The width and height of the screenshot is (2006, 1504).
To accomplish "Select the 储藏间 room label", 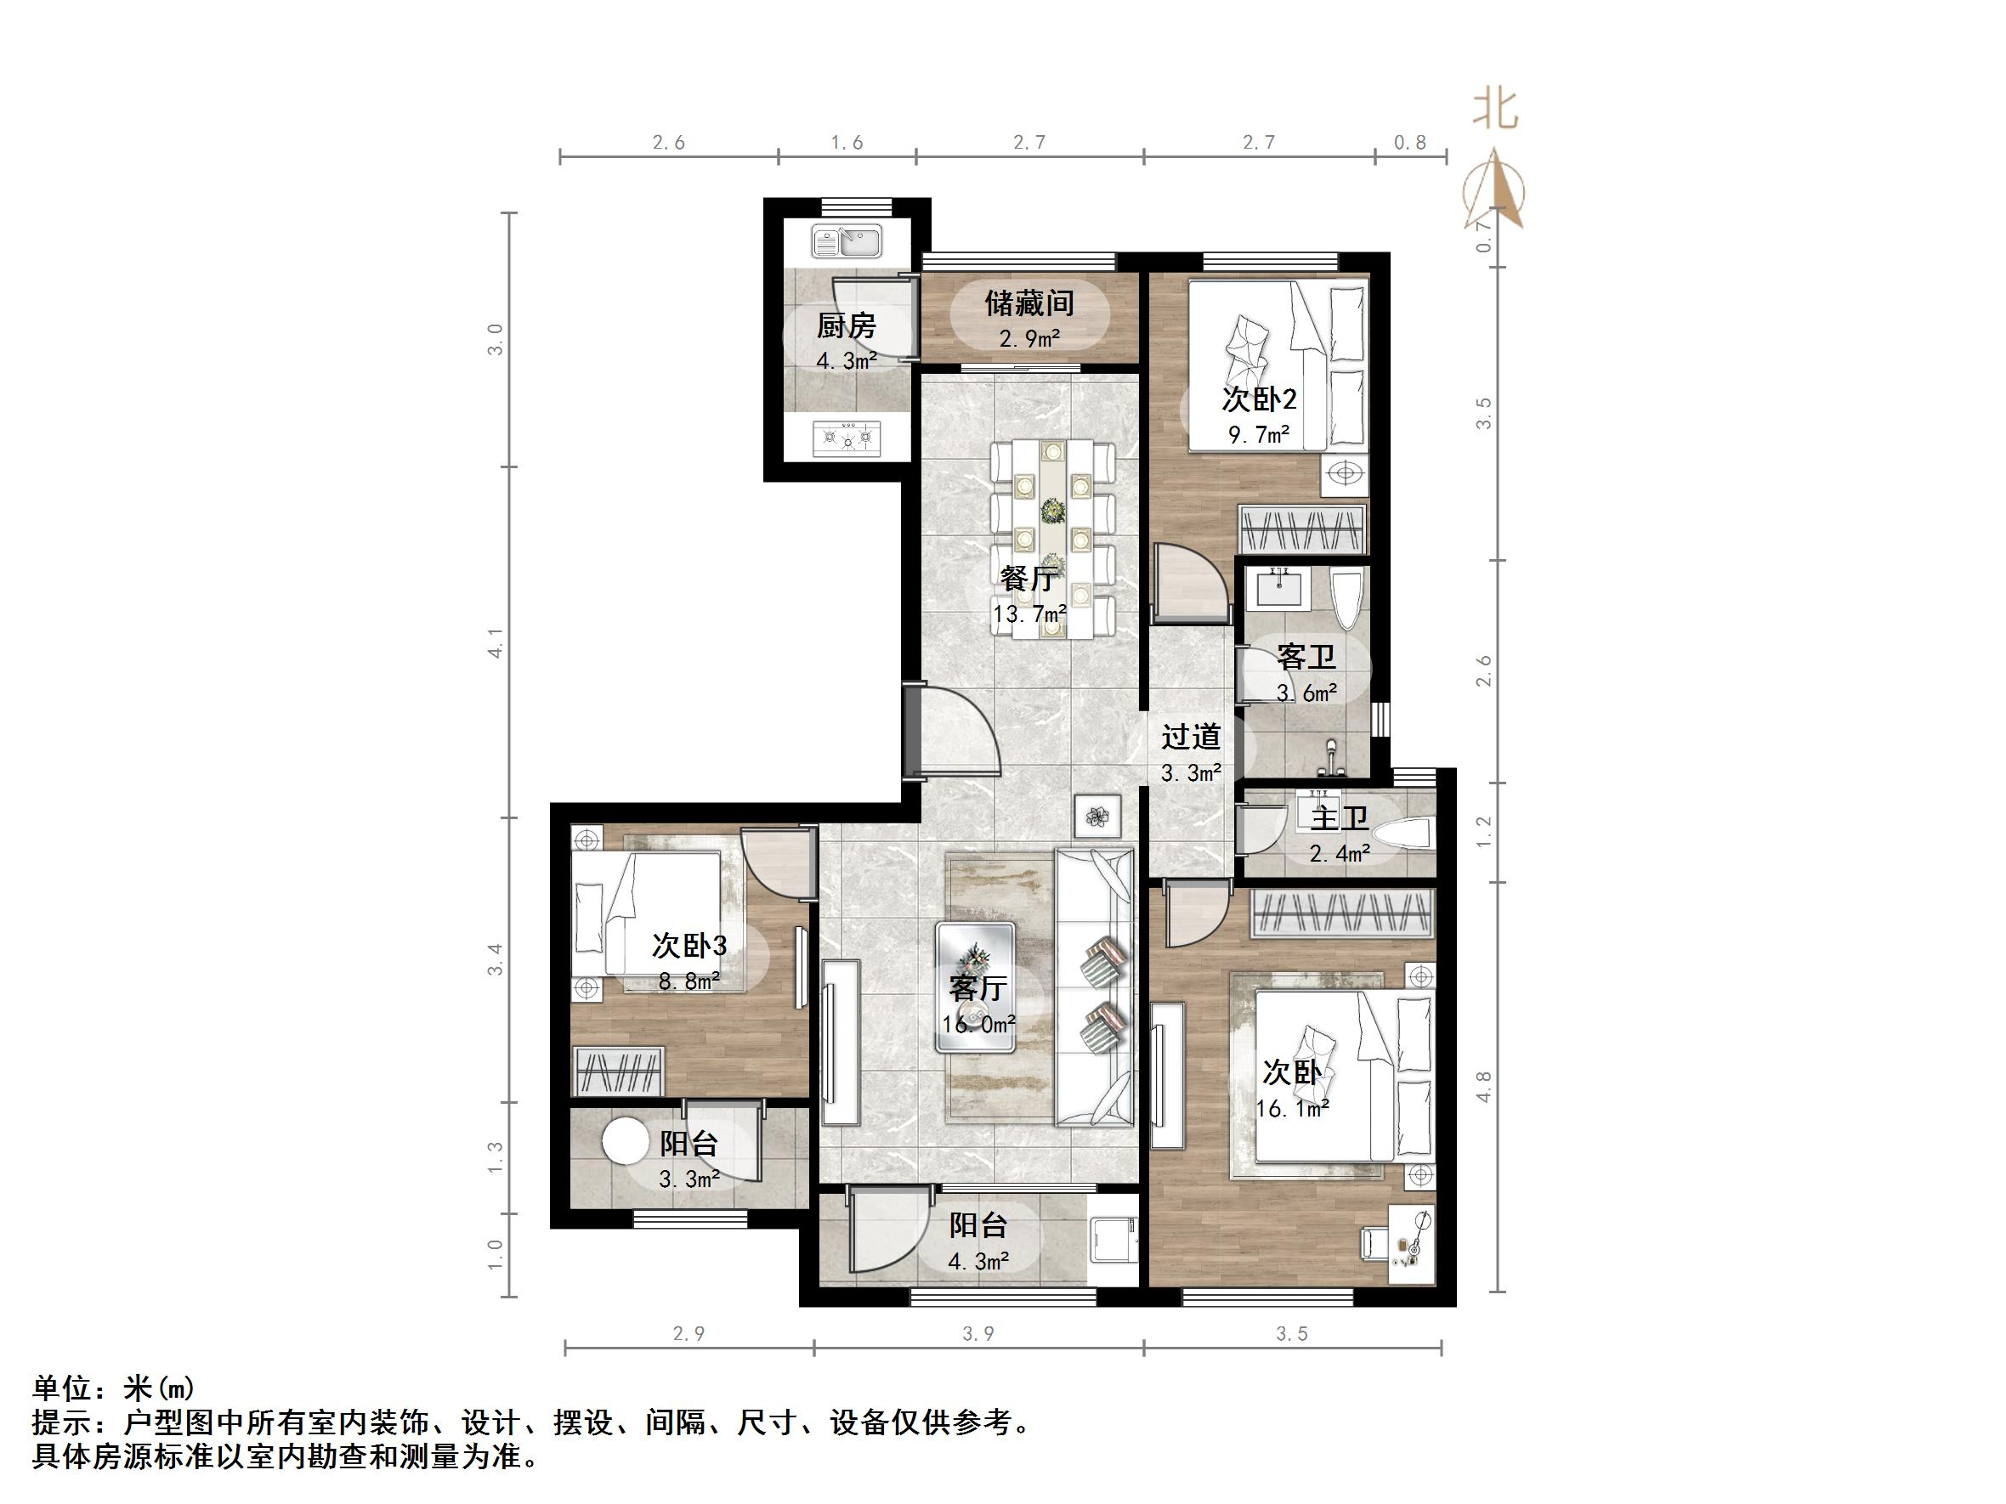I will (1029, 302).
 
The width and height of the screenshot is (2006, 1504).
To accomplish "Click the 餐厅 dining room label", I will (1028, 578).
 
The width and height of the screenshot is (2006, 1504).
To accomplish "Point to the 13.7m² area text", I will (1028, 614).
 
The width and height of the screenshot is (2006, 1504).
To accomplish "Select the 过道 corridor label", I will (1191, 736).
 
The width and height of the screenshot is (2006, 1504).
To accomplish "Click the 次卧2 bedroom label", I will (1259, 399).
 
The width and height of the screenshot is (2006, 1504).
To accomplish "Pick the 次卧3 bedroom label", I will (689, 946).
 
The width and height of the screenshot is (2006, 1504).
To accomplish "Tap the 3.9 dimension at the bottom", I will (977, 1333).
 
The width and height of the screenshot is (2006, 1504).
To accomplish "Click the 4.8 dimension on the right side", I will (1483, 1086).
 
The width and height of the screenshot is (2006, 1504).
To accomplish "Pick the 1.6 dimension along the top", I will (846, 143).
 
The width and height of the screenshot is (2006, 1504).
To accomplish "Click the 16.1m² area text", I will (1291, 1108).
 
